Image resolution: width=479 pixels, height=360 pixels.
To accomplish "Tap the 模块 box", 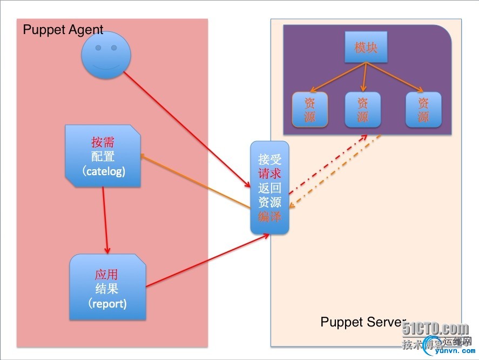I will click(366, 48).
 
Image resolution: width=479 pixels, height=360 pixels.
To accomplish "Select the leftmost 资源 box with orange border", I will click(310, 110).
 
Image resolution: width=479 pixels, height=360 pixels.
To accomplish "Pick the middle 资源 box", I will click(362, 110).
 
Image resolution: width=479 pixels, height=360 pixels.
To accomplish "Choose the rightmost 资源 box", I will click(423, 110).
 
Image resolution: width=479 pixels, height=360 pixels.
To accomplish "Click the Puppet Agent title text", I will click(63, 29).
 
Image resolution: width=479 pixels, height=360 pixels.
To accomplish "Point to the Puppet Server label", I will click(362, 322).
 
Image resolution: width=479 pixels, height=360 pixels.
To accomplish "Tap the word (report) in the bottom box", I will click(107, 303).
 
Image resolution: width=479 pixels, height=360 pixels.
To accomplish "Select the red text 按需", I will click(103, 143).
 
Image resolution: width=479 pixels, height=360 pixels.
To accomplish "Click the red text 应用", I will click(106, 274).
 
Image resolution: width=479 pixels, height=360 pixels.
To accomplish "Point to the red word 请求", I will click(269, 174).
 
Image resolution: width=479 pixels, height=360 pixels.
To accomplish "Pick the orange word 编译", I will click(269, 217).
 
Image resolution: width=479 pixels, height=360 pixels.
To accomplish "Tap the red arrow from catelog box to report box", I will click(105, 221).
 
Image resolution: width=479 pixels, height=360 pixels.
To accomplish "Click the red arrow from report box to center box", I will click(208, 261).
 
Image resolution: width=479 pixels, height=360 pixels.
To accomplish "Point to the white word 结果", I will click(106, 289).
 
